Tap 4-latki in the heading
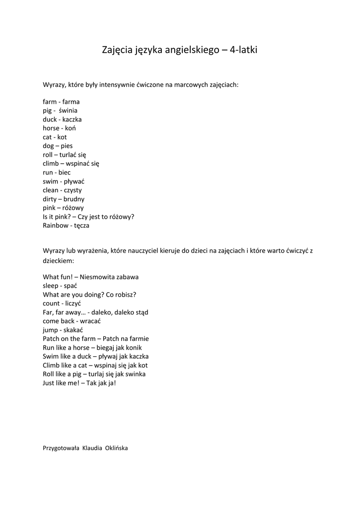[x=244, y=50]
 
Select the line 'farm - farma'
[x=61, y=102]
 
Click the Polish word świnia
[x=68, y=111]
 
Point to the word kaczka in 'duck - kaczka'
[x=72, y=120]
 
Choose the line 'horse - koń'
[x=59, y=128]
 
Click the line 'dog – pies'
[x=58, y=146]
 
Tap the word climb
[x=51, y=163]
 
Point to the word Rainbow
[x=56, y=225]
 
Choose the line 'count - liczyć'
[x=62, y=303]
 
